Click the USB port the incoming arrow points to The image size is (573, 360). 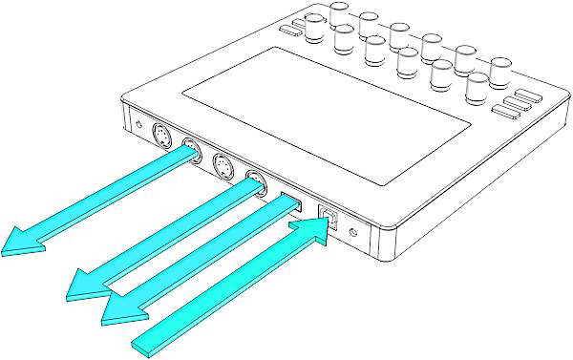(329, 218)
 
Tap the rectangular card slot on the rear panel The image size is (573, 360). (288, 201)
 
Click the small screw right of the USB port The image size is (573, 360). (354, 231)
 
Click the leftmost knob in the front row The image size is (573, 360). (314, 29)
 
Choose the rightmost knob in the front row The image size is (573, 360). (476, 87)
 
